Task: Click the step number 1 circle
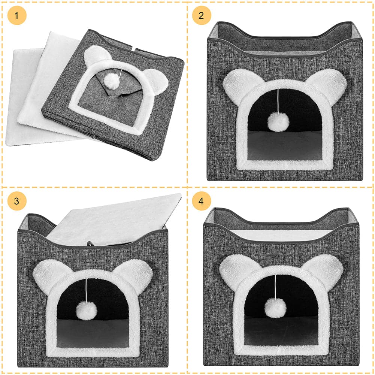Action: pyautogui.click(x=17, y=15)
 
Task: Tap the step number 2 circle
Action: pyautogui.click(x=202, y=15)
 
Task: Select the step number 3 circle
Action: pyautogui.click(x=17, y=201)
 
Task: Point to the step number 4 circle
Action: pyautogui.click(x=202, y=201)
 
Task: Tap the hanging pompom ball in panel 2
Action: pyautogui.click(x=278, y=122)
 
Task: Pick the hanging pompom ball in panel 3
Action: pyautogui.click(x=86, y=310)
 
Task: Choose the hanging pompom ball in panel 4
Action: pyautogui.click(x=275, y=308)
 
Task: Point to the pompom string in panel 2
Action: pyautogui.click(x=278, y=100)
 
